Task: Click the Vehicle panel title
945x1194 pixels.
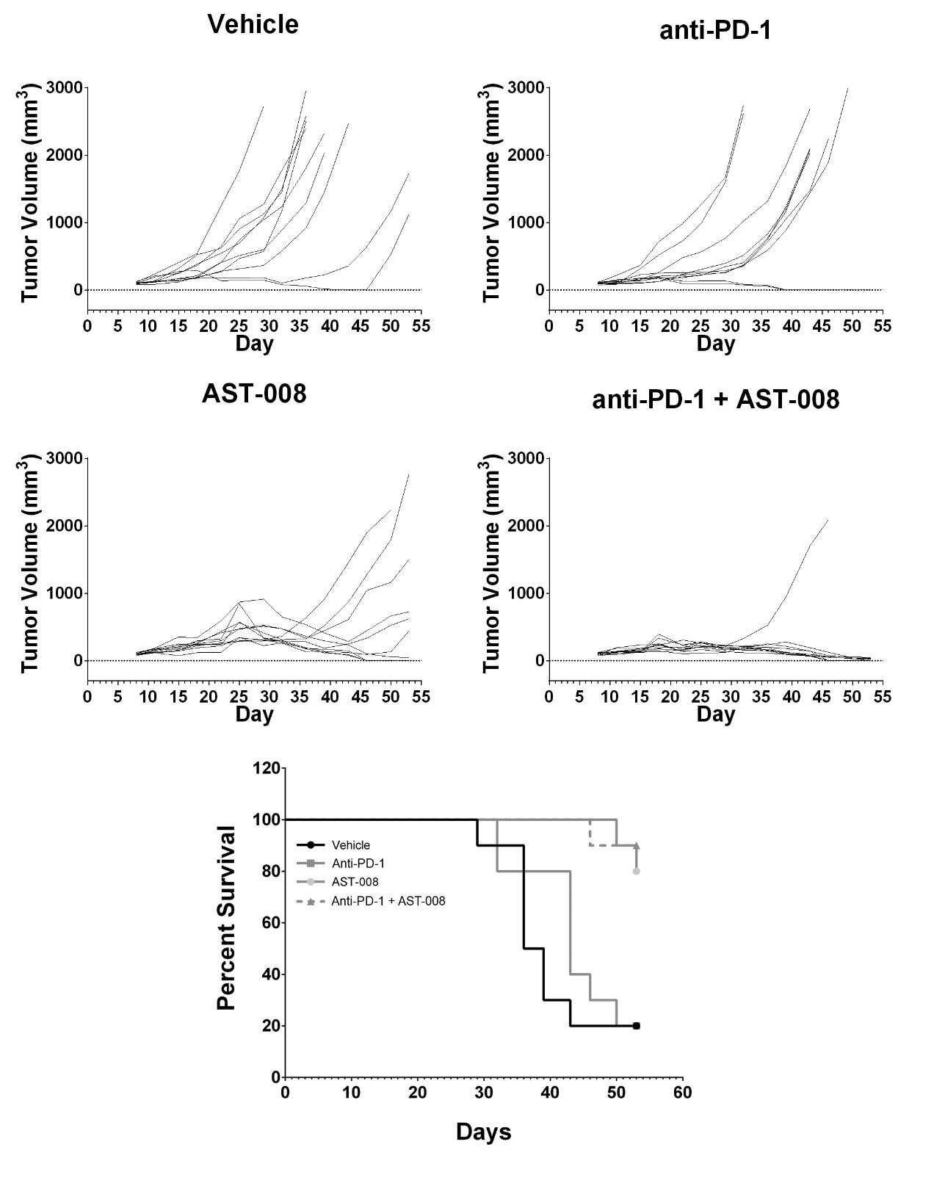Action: pos(253,24)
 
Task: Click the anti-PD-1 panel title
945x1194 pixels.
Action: pos(714,30)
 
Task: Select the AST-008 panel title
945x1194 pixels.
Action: pos(253,394)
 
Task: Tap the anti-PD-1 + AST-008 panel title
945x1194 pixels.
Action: pos(715,399)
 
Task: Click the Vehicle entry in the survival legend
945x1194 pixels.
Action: pos(350,845)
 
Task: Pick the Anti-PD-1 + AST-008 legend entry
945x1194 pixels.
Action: pos(388,901)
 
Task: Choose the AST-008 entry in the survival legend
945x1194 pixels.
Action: pos(355,882)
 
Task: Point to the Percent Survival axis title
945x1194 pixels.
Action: pos(227,918)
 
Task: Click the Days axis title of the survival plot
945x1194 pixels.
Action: pos(483,1132)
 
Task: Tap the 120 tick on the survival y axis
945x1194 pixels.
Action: pos(266,769)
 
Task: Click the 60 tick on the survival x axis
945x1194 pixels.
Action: pos(682,1093)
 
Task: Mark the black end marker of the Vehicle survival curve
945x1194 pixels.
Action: pos(637,1026)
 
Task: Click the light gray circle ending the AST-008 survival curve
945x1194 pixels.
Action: pos(637,871)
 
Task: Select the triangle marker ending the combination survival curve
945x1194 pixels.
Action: pos(637,846)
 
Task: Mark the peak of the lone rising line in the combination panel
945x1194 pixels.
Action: pos(828,520)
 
